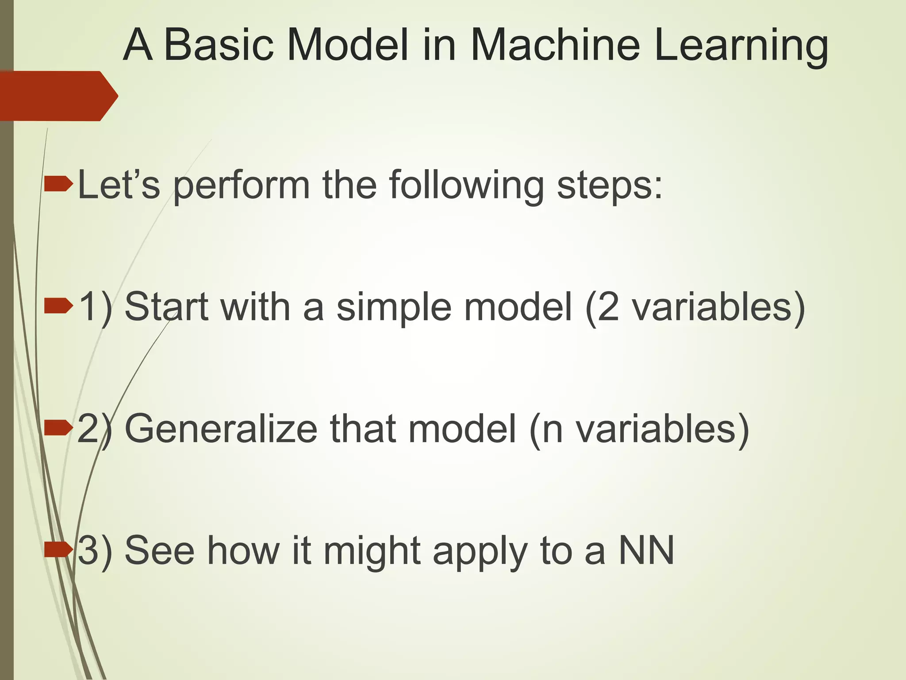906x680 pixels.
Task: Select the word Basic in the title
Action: [219, 45]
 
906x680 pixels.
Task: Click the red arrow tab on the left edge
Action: [58, 96]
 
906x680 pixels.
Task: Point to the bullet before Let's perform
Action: [58, 183]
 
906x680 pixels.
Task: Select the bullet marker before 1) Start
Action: [58, 305]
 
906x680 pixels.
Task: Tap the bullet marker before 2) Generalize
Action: [58, 428]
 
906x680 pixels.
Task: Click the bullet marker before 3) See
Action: [58, 550]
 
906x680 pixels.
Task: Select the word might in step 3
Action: [372, 552]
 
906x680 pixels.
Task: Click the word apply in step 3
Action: [480, 552]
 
